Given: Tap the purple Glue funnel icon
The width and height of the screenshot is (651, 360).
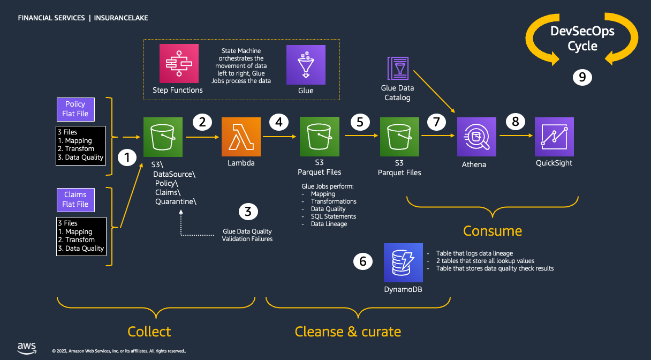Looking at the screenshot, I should click(x=306, y=64).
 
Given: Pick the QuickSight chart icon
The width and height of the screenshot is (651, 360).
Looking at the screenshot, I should click(x=554, y=137).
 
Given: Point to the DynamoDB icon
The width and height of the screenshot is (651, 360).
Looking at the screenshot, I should click(x=403, y=262).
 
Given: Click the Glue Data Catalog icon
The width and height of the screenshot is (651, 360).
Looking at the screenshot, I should click(x=398, y=68).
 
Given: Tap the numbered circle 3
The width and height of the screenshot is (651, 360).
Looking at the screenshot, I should click(x=247, y=212).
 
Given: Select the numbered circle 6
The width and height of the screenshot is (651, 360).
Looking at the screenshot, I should click(x=363, y=261).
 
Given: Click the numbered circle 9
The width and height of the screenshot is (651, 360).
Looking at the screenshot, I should click(x=582, y=77).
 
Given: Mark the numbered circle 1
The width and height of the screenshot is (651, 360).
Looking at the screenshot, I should click(x=127, y=157).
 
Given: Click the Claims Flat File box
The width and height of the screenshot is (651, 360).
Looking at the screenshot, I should click(x=75, y=199).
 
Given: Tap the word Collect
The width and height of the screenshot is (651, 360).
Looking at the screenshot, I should click(x=149, y=331).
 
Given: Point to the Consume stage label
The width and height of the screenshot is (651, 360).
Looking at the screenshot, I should click(x=492, y=231).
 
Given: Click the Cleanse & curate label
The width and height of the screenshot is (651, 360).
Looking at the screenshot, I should click(x=347, y=331).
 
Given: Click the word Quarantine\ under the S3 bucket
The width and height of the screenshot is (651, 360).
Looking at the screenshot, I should click(x=176, y=201).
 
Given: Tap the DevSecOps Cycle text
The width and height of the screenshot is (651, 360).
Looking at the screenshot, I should click(x=582, y=39).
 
